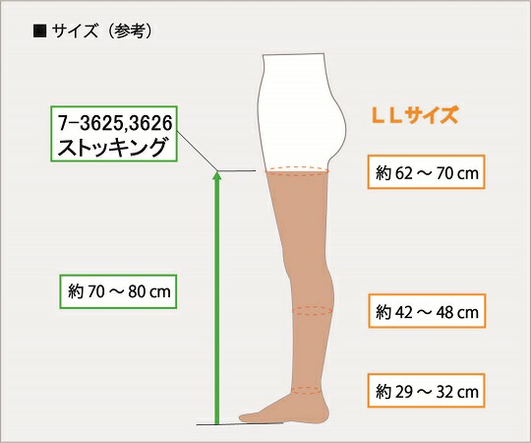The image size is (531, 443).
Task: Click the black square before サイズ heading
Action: pyautogui.click(x=39, y=32)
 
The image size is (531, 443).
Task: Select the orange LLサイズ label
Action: pyautogui.click(x=415, y=115)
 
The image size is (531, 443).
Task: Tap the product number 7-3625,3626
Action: pyautogui.click(x=115, y=123)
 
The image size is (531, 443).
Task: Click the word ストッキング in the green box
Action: pyautogui.click(x=113, y=147)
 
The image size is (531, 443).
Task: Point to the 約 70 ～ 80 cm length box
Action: pyautogui.click(x=118, y=291)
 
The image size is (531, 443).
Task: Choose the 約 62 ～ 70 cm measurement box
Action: pyautogui.click(x=427, y=172)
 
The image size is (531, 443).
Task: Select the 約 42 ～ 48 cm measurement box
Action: pyautogui.click(x=427, y=311)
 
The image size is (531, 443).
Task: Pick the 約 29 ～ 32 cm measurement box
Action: pyautogui.click(x=427, y=391)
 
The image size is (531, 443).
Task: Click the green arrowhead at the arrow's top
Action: pyautogui.click(x=217, y=175)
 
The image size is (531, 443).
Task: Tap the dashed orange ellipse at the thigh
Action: pyautogui.click(x=297, y=171)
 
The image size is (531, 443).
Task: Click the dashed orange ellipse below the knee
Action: pyautogui.click(x=313, y=311)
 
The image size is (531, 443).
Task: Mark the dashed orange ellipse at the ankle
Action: pyautogui.click(x=307, y=390)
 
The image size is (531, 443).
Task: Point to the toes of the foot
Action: pyautogui.click(x=246, y=416)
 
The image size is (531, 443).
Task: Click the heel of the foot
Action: pyautogui.click(x=323, y=413)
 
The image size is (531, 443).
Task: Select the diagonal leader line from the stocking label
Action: pyautogui.click(x=197, y=151)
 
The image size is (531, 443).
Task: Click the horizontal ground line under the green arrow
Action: pyautogui.click(x=240, y=423)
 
